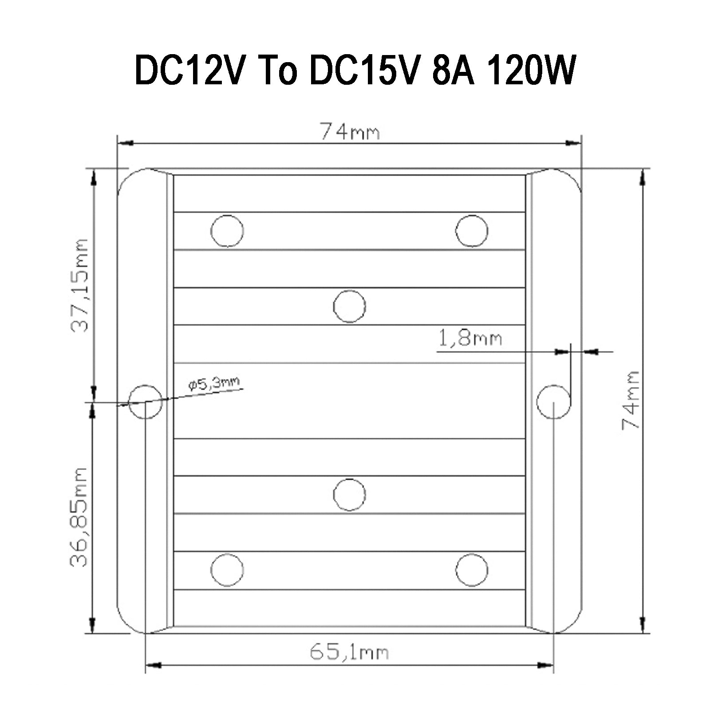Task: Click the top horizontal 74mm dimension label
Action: coord(350,132)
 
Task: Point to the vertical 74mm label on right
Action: coord(631,400)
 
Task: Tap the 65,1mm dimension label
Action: coord(349,652)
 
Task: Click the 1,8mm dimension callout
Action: coord(470,339)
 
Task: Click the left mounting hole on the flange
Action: coord(145,402)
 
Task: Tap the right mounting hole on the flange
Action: coord(553,402)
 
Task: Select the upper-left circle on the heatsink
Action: coord(227,231)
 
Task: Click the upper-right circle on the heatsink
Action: coord(472,231)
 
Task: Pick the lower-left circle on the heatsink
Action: coord(227,570)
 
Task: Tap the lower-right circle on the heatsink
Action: coord(472,570)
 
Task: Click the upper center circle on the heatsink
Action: coord(349,307)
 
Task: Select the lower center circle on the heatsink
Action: coord(349,494)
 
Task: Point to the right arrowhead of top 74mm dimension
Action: coord(573,143)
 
